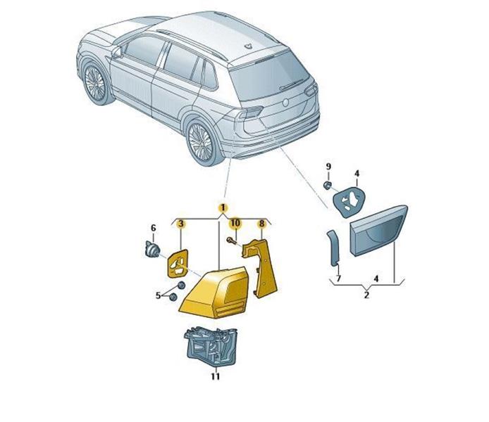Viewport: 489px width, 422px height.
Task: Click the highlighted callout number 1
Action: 223,207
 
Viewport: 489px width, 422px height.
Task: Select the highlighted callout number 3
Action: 181,224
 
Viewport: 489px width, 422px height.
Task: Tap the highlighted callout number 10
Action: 235,223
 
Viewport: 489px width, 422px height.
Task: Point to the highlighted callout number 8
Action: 261,223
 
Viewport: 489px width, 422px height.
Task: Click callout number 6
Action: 153,228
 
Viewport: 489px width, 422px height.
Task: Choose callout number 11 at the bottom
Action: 215,376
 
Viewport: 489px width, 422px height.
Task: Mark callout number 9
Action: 328,167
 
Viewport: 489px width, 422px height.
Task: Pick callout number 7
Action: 339,278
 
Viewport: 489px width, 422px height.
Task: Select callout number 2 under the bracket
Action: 366,295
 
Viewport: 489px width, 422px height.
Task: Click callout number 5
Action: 158,295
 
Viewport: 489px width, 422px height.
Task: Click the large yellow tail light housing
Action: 215,293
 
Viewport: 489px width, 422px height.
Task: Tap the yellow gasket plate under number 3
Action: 178,263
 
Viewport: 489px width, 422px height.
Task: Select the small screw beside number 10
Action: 231,240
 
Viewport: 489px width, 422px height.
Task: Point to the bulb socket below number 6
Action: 152,250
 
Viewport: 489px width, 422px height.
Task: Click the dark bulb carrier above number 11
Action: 211,346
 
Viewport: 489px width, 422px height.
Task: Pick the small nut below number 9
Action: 328,186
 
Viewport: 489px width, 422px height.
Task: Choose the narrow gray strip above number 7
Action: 333,248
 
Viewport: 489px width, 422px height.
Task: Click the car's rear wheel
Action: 201,141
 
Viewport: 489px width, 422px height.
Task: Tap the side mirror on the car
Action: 116,52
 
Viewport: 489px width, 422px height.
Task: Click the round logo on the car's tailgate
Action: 285,103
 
